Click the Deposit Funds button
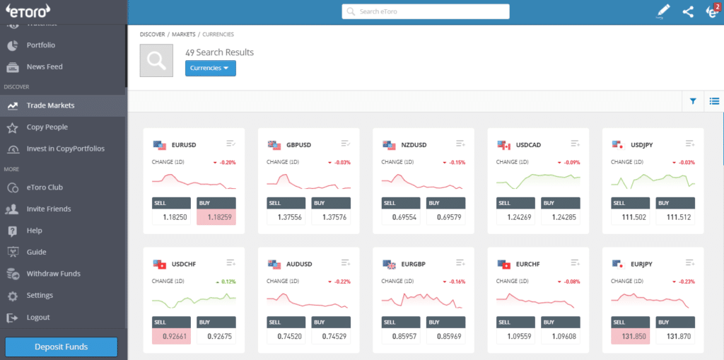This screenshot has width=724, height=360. [x=62, y=347]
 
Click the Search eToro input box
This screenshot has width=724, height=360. [x=426, y=11]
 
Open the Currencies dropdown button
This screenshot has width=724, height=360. [x=210, y=68]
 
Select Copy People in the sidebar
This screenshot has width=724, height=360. [x=47, y=127]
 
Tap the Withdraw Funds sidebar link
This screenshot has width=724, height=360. [x=53, y=274]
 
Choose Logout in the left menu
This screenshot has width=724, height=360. [x=38, y=317]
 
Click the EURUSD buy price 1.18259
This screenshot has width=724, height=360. [x=217, y=217]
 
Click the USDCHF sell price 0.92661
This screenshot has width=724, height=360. [x=171, y=337]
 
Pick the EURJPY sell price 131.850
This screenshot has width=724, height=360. [x=630, y=337]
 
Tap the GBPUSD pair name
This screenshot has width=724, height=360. [x=298, y=145]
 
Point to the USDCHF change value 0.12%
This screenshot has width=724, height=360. [x=226, y=281]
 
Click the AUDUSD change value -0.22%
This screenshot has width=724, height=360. [x=341, y=281]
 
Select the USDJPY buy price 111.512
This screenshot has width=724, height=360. [x=675, y=217]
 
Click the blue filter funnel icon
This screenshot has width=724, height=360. [x=693, y=101]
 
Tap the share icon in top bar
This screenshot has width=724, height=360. [x=687, y=11]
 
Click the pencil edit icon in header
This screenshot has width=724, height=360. [x=662, y=11]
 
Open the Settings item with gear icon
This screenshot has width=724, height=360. [x=39, y=295]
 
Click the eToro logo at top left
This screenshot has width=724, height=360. [x=26, y=10]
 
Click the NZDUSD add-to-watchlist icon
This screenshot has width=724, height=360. [x=460, y=144]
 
